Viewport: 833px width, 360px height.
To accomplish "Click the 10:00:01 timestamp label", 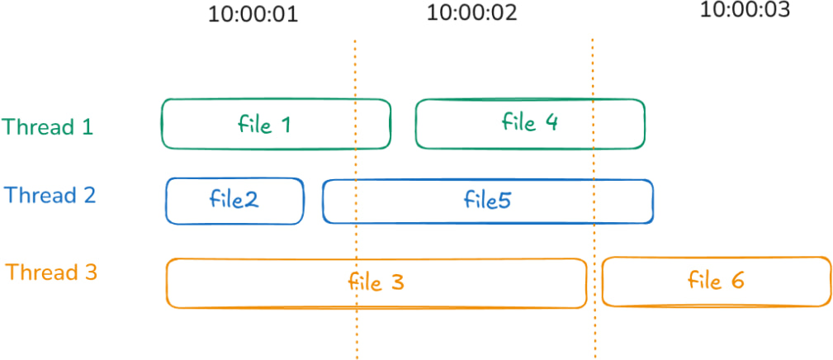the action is (x=253, y=14).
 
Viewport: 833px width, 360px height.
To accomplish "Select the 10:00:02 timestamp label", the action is (x=471, y=12).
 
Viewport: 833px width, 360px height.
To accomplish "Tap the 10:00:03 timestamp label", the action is (x=745, y=9).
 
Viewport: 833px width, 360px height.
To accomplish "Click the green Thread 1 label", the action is (x=47, y=127).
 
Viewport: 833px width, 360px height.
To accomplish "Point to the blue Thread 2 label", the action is (x=50, y=195).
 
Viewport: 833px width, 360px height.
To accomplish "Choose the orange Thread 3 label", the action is (x=51, y=272).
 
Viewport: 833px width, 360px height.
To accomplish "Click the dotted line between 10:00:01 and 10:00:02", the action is (x=355, y=199).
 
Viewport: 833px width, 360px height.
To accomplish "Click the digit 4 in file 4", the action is (x=551, y=123).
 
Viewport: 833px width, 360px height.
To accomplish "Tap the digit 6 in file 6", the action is (x=736, y=281).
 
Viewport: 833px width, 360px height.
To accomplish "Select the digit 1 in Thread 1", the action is (x=88, y=127).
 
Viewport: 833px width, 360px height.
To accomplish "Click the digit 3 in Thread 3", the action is (x=91, y=273).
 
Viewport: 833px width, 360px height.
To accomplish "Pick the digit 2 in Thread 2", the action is (x=89, y=196).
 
